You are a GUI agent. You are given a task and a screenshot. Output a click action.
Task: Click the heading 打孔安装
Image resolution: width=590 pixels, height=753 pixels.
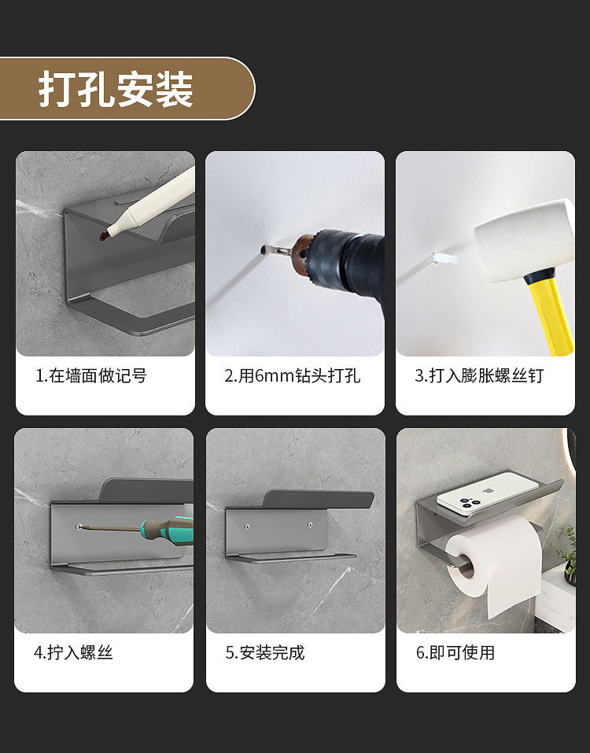point(116,89)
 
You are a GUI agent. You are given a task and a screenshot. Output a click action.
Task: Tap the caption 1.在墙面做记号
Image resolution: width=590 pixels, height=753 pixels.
point(91,376)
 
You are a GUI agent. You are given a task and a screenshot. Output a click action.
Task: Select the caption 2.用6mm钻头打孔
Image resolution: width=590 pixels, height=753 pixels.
point(293,376)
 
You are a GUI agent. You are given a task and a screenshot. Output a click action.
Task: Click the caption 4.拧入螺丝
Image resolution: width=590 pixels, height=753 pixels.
point(74,653)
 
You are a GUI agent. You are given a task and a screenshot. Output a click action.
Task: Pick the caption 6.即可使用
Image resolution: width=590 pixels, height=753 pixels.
point(455,653)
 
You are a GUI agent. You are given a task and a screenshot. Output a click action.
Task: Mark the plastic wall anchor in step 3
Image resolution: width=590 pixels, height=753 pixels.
point(444,258)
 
